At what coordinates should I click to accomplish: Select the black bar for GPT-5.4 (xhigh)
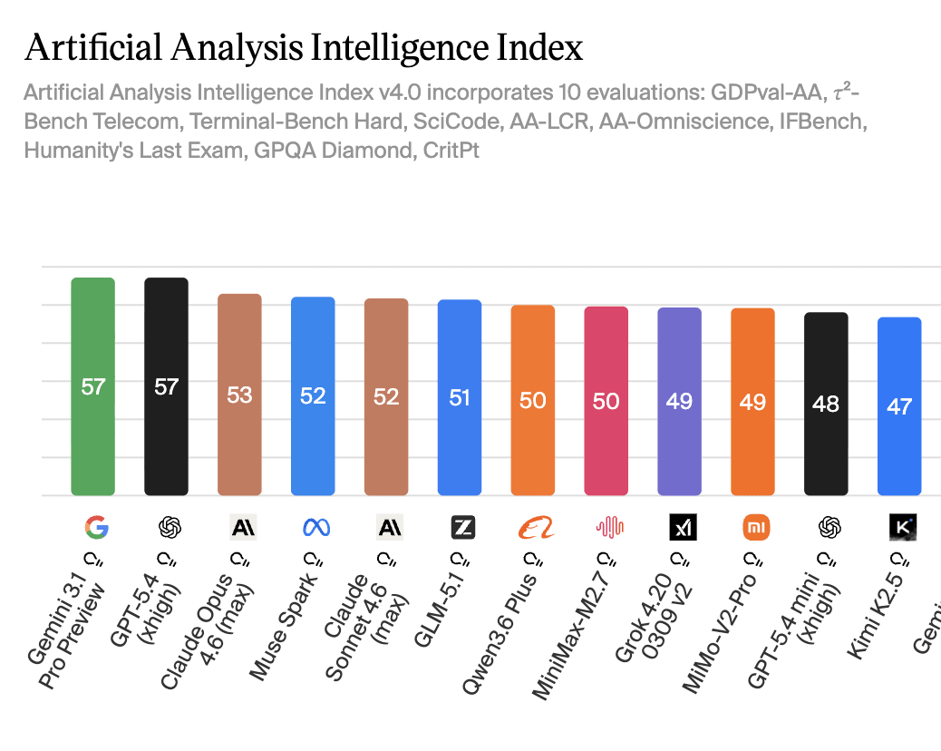[166, 435]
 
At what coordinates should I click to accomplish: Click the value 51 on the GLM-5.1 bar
[460, 397]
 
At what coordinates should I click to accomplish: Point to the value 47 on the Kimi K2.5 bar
[898, 405]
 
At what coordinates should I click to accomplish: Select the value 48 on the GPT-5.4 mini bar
[826, 403]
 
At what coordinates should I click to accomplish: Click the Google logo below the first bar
[93, 527]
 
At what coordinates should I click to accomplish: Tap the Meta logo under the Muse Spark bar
[314, 527]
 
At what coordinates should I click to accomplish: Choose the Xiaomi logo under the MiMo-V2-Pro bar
[753, 527]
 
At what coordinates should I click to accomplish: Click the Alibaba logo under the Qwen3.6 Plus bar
[533, 527]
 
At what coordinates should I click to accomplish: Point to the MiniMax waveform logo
[606, 527]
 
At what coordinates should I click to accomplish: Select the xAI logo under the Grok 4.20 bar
[680, 527]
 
